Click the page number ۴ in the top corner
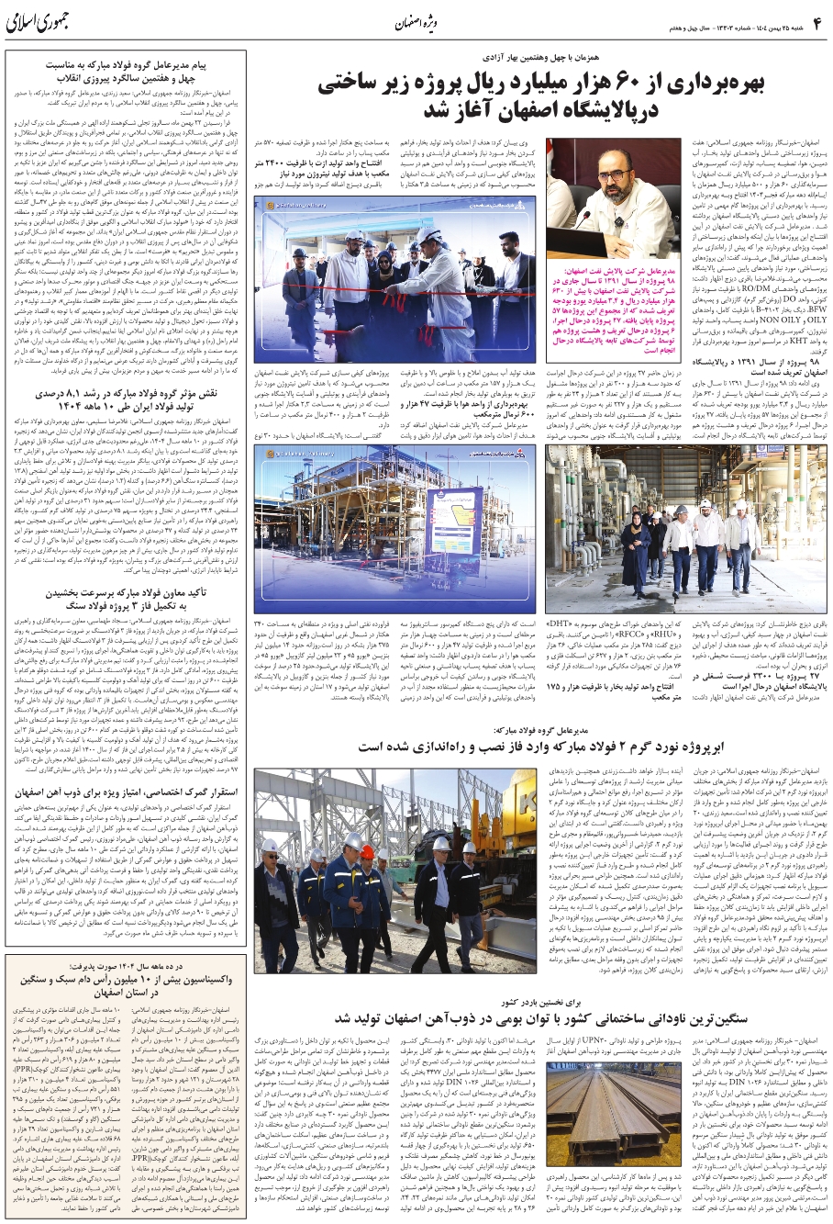[817, 19]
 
